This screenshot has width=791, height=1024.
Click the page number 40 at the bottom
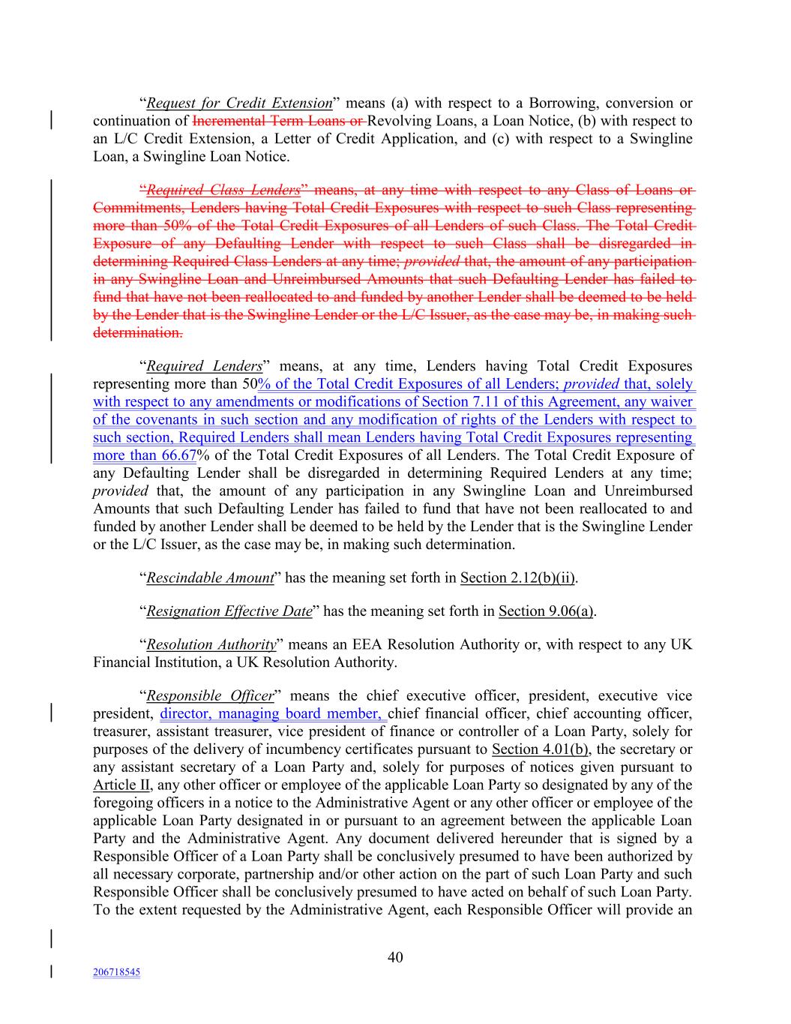[395, 956]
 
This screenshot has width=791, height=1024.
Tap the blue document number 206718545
[117, 972]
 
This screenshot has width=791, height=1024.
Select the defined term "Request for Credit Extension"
[239, 104]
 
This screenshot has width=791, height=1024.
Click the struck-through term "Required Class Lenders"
[223, 190]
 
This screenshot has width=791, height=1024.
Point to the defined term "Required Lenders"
[204, 367]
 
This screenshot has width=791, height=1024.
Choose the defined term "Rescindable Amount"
[210, 578]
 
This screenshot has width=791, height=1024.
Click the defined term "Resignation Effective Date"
[229, 611]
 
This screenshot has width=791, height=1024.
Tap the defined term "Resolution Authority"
[211, 645]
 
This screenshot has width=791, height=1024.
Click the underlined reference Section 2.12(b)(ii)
[518, 578]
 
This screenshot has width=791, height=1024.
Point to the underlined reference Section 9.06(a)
[547, 611]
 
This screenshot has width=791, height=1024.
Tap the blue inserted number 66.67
[178, 455]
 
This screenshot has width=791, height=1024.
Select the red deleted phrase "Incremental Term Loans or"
[278, 122]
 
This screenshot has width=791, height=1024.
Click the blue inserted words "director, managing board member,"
[273, 714]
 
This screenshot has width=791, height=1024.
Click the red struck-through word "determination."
[137, 332]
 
